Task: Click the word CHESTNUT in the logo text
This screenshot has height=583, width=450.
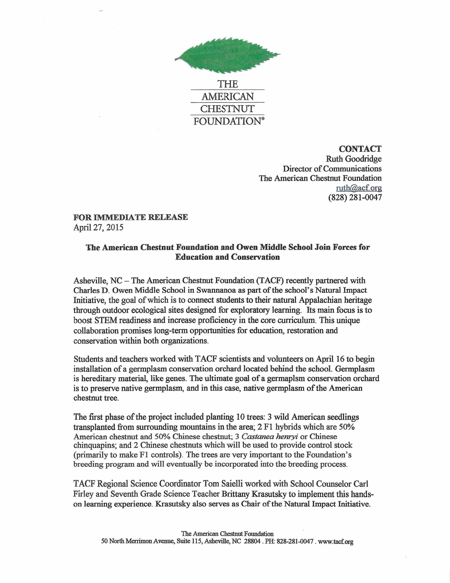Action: [227, 109]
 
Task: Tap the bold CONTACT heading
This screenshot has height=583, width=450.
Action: [360, 149]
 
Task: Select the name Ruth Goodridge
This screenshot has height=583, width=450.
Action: [354, 159]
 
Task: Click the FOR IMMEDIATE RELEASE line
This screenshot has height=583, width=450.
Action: [131, 217]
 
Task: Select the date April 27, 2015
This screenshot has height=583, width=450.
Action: [98, 227]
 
